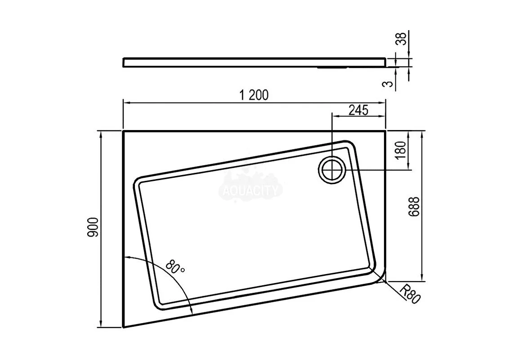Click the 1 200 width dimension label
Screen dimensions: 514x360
coord(254,95)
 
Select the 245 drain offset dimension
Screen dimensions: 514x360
coord(358,110)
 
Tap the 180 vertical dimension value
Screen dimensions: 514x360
coord(401,150)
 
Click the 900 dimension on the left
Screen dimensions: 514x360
coord(93,227)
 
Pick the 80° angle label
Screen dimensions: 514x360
coord(175,267)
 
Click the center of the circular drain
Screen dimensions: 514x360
coord(332,170)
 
